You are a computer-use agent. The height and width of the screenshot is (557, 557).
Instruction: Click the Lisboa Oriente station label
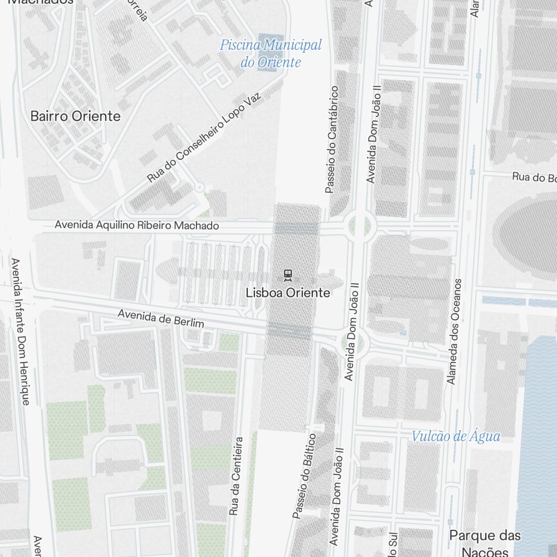pos(288,293)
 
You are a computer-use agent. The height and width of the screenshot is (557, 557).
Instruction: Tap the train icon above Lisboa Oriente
pos(288,275)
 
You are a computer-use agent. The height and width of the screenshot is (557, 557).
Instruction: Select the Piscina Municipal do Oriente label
pos(271,53)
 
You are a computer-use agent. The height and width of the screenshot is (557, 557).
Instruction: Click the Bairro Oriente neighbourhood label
pos(75,116)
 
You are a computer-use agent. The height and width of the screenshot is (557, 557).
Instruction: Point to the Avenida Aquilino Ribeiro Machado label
pos(136,226)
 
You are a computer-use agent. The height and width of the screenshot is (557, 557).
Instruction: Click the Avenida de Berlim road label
pos(160,319)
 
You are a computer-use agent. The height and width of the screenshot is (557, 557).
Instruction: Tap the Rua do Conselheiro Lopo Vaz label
pos(204,138)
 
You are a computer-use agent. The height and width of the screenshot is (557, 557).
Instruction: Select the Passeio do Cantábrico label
pos(331,139)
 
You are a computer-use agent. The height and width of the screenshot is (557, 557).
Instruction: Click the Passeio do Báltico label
pos(305,476)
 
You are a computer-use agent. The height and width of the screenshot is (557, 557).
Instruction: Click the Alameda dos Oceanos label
pos(455,331)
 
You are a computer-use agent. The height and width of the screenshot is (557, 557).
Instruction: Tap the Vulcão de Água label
pos(456,436)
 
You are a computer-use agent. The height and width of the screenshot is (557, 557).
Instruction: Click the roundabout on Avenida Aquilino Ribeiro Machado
pos(359,226)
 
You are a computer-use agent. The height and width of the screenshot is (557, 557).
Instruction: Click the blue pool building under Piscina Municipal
pos(271,63)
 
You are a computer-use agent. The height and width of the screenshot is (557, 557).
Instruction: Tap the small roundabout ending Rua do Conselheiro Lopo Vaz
pos(199,188)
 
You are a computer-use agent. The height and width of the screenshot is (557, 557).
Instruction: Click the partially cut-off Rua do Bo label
pos(534,178)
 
